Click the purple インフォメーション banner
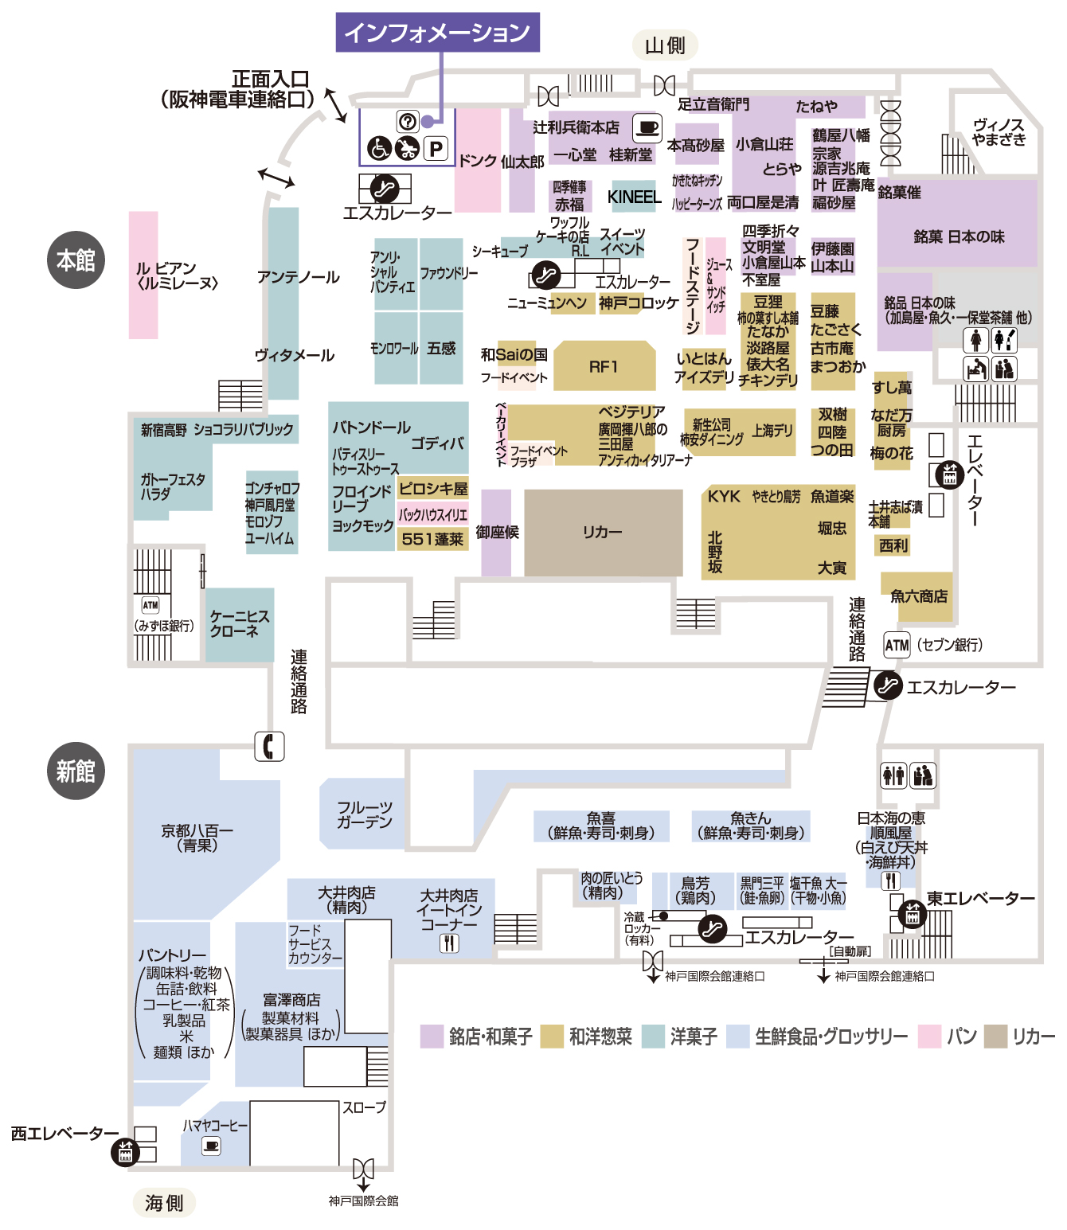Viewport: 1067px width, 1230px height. click(437, 32)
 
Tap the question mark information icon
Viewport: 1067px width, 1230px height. click(408, 122)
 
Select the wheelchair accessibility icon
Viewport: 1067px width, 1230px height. click(379, 148)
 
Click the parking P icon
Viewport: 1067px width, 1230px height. click(436, 148)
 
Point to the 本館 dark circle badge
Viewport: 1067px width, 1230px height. click(76, 260)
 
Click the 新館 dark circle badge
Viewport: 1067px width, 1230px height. click(76, 770)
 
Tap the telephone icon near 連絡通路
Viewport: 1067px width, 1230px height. click(269, 746)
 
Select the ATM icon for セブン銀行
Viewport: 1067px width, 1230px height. click(897, 645)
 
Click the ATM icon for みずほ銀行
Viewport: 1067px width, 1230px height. click(150, 605)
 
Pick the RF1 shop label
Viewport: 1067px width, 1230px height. click(603, 367)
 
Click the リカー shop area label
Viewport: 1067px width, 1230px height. click(602, 532)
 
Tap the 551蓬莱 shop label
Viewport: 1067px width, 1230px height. click(432, 539)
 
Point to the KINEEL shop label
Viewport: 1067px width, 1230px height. click(634, 197)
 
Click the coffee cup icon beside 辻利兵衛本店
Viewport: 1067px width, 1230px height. click(647, 128)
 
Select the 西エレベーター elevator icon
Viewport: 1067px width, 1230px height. click(125, 1152)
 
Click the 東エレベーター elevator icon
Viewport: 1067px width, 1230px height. click(913, 915)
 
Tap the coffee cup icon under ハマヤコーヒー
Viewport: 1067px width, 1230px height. click(211, 1146)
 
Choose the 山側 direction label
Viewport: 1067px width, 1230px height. click(665, 45)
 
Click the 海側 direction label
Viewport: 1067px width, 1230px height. click(164, 1202)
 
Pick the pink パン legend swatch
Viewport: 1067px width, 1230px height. click(929, 1037)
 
